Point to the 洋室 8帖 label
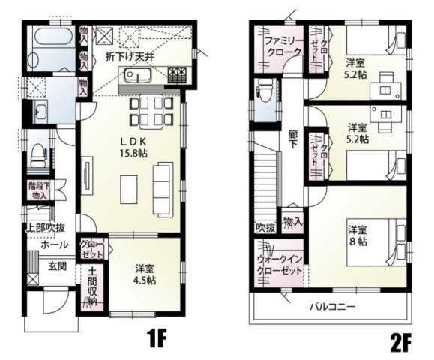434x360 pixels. pos(357,235)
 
